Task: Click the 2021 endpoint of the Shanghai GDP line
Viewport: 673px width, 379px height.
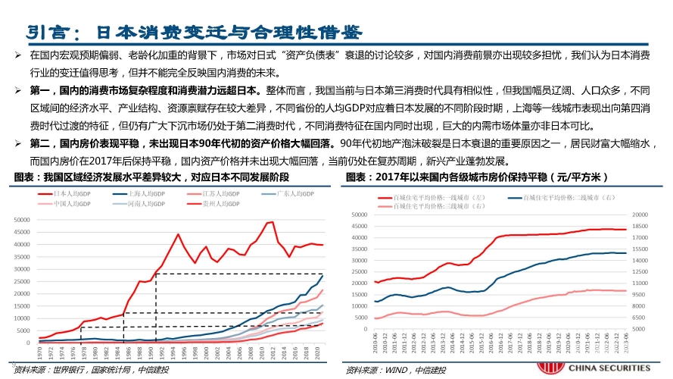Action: pyautogui.click(x=322, y=275)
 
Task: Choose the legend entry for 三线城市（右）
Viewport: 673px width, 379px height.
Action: pyautogui.click(x=431, y=205)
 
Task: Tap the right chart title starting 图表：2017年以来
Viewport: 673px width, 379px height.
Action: pyautogui.click(x=478, y=177)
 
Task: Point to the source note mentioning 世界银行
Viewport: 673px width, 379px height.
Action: pyautogui.click(x=91, y=370)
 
